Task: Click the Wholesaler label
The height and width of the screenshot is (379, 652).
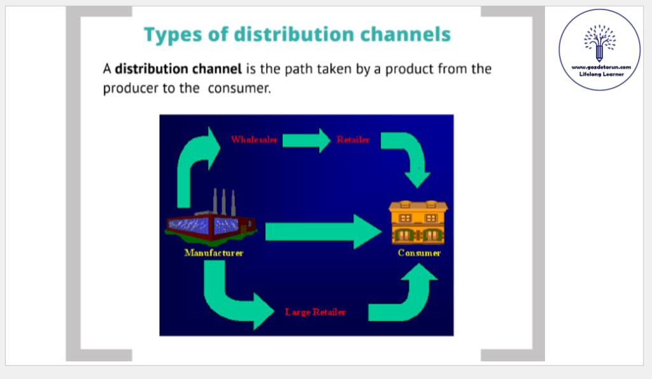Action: click(254, 139)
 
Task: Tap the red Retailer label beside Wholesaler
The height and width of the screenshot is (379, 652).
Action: click(353, 139)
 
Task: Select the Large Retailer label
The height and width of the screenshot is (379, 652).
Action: click(316, 312)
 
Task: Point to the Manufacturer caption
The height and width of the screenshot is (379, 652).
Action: click(213, 253)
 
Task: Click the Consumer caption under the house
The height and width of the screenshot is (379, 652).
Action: click(419, 253)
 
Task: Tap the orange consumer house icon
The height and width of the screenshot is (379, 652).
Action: click(418, 221)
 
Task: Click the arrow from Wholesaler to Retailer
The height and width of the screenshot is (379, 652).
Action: click(306, 139)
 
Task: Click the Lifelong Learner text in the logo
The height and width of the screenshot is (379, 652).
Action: click(599, 75)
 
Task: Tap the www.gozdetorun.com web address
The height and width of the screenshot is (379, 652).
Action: click(599, 67)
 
